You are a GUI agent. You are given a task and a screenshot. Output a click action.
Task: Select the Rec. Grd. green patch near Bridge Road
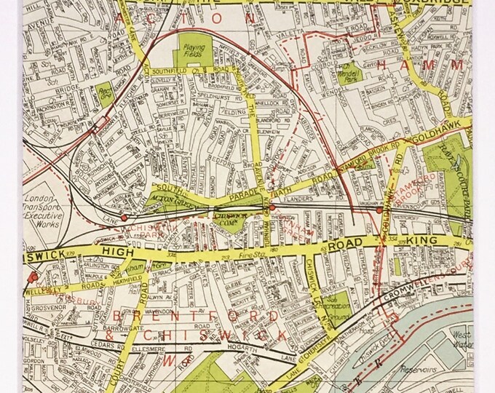coord(106,95)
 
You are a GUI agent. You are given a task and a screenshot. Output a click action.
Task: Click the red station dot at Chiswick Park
coord(124,217)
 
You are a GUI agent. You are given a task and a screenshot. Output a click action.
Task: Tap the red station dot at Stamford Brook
coord(379,210)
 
